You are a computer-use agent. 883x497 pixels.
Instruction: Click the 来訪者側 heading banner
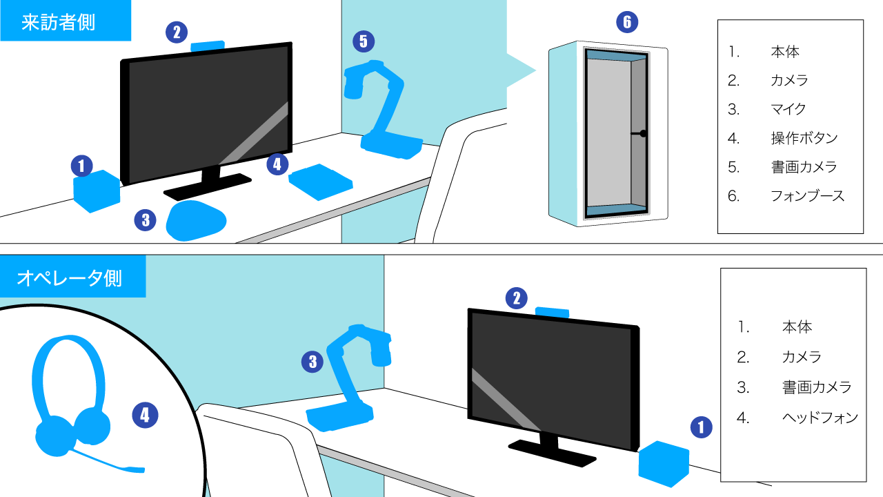click(66, 21)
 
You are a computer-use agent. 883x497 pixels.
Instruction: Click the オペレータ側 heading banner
click(73, 276)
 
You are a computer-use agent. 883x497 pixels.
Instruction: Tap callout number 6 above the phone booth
click(627, 22)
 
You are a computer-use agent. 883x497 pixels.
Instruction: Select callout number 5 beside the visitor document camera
click(364, 41)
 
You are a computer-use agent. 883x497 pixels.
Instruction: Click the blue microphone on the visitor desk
click(196, 220)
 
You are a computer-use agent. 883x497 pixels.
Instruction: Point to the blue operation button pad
click(321, 182)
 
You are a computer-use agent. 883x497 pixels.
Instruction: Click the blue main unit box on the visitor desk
click(97, 191)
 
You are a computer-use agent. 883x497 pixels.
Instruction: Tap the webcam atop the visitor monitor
click(208, 46)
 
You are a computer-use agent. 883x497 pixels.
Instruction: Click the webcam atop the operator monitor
click(552, 313)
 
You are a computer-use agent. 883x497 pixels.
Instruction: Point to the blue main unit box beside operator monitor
click(664, 464)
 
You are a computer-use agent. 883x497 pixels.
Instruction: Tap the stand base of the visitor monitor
click(208, 186)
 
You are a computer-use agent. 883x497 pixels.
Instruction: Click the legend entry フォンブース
click(807, 195)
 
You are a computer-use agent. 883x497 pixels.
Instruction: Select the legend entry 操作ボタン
click(804, 138)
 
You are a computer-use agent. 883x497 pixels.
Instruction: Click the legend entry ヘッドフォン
click(820, 418)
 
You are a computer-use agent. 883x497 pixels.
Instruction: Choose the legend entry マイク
click(788, 109)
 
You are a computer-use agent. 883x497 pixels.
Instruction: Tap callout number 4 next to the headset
click(145, 415)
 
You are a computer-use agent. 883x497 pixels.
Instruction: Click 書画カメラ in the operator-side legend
click(817, 387)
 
